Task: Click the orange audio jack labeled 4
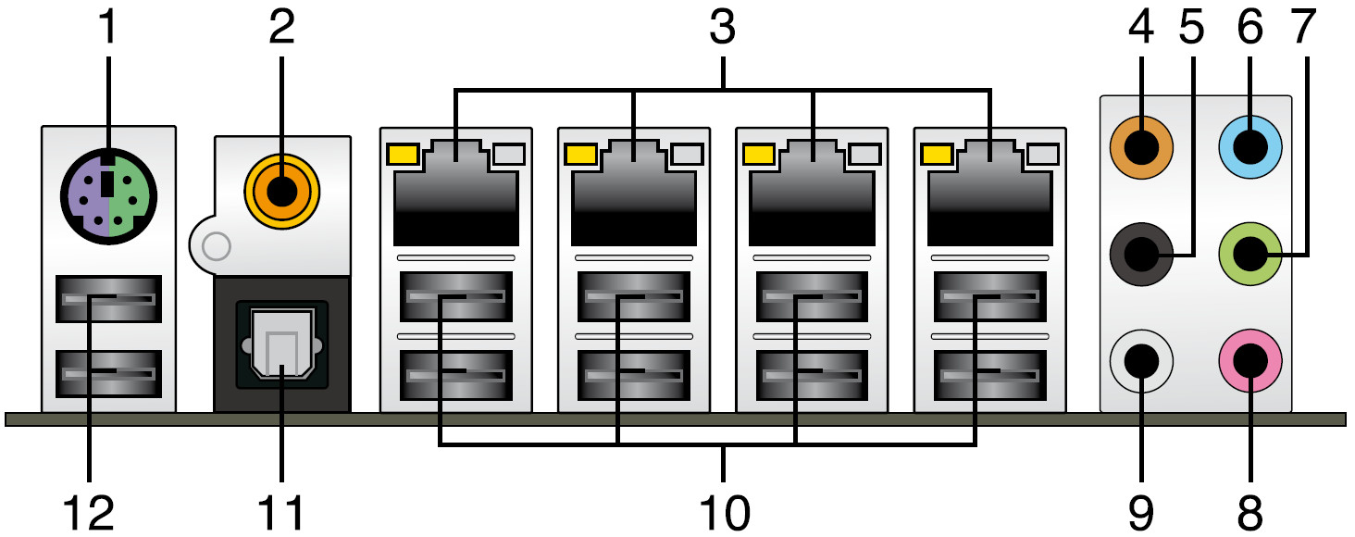pos(1141,145)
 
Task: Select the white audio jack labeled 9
pos(1141,361)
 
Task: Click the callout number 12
pos(90,513)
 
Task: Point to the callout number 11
pos(281,513)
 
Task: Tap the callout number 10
pos(724,513)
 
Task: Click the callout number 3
pos(722,28)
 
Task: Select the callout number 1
pos(108,28)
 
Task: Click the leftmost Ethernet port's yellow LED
pos(403,153)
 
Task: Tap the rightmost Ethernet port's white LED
pos(1042,153)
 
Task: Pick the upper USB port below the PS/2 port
pos(108,299)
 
